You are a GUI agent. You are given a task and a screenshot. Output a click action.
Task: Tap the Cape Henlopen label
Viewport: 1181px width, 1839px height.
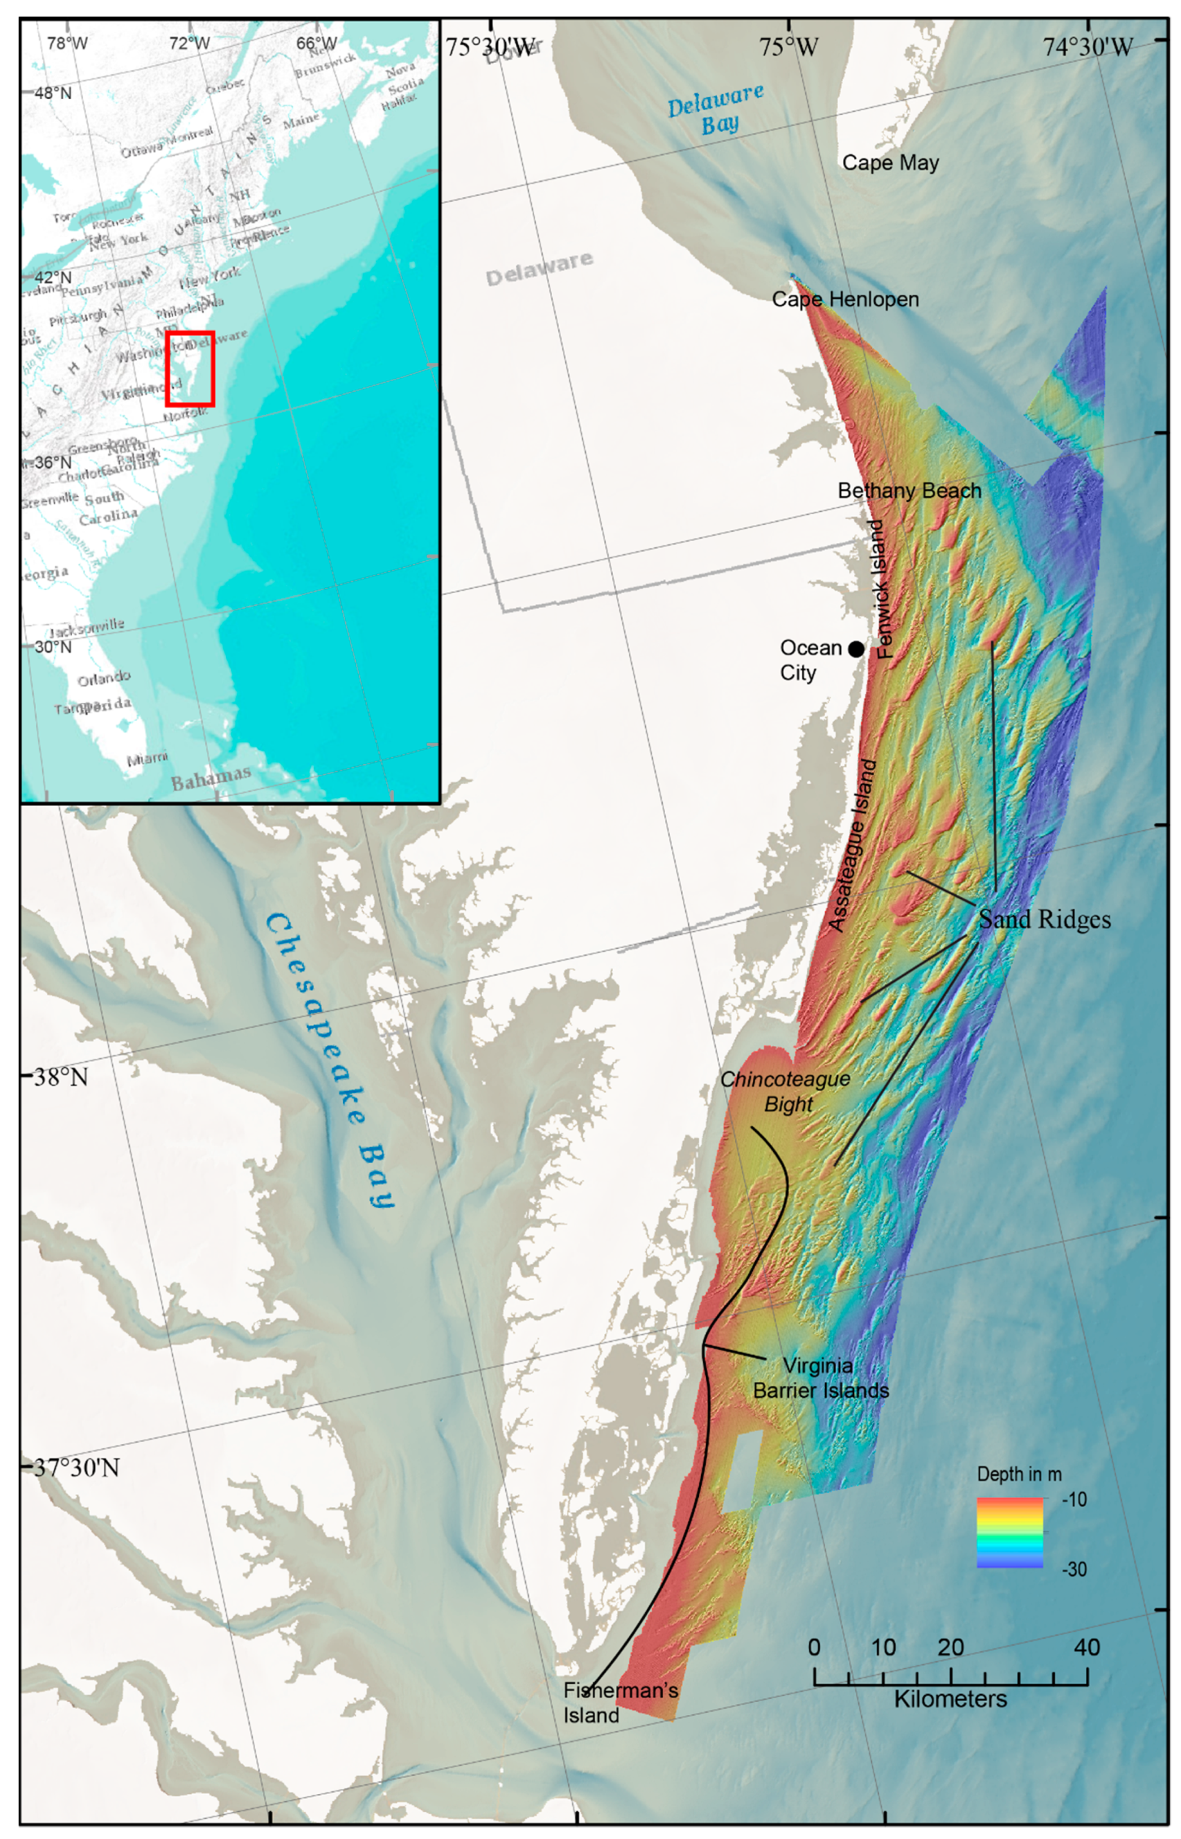pyautogui.click(x=844, y=300)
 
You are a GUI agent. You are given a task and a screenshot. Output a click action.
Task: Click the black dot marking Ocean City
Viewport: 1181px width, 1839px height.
pyautogui.click(x=856, y=649)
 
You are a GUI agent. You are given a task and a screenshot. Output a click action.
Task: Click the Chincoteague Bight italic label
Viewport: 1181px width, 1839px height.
pyautogui.click(x=785, y=1091)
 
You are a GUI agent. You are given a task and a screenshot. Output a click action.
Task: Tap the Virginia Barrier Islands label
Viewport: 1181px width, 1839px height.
pyautogui.click(x=821, y=1377)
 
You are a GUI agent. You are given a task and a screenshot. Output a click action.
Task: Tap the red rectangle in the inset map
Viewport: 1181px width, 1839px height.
pyautogui.click(x=190, y=369)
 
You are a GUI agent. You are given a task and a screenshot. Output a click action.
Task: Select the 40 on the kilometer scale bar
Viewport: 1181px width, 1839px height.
pyautogui.click(x=1087, y=1647)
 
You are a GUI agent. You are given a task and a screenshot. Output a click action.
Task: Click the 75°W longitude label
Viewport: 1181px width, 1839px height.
pyautogui.click(x=788, y=47)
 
